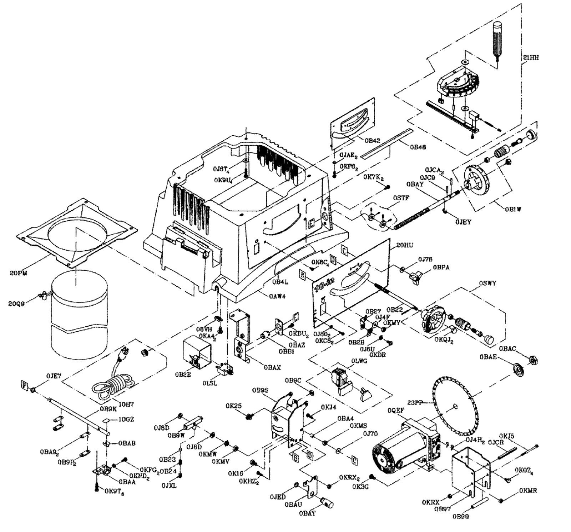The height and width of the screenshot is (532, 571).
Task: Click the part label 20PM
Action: coord(18,273)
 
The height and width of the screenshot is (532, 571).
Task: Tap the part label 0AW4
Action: coord(278,295)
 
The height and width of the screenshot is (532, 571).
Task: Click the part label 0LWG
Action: coord(359,361)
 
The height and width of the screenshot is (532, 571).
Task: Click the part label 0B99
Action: coord(461,517)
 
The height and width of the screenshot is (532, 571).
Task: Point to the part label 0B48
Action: coord(418,147)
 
